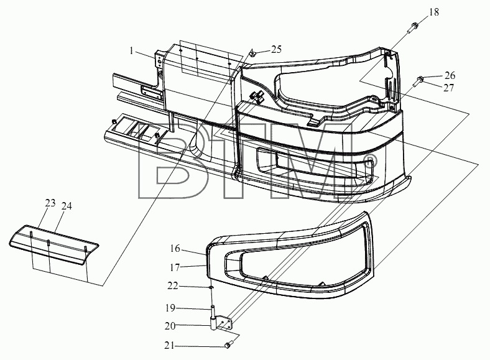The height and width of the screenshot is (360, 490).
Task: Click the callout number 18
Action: click(x=434, y=12)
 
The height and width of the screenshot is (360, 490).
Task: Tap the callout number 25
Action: click(x=276, y=49)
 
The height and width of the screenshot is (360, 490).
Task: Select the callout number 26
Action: click(x=450, y=76)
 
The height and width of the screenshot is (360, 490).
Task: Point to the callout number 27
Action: click(x=448, y=88)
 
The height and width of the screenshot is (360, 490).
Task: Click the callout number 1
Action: click(x=132, y=50)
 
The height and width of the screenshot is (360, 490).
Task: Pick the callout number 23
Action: click(x=50, y=203)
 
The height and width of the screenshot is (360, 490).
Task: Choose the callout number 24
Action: click(x=67, y=206)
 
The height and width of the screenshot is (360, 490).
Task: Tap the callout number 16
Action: click(x=175, y=249)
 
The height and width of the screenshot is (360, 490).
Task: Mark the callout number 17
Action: click(x=175, y=267)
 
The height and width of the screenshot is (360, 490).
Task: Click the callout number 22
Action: click(x=173, y=286)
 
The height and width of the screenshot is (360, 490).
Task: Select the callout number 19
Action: click(x=170, y=308)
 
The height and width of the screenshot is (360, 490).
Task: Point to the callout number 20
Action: click(x=170, y=326)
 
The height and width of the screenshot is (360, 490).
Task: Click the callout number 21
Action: click(x=169, y=346)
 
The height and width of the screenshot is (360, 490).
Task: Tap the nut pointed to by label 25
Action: click(x=252, y=55)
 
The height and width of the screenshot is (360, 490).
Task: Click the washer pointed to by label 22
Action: click(x=211, y=287)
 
